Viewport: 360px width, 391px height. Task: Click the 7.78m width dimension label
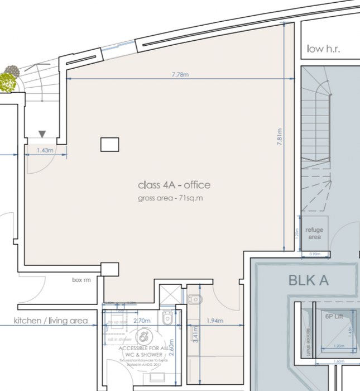(x=180, y=74)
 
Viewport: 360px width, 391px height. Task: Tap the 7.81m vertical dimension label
(x=280, y=137)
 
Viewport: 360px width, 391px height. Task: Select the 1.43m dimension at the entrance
(x=45, y=150)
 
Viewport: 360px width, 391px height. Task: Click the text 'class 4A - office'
(x=174, y=185)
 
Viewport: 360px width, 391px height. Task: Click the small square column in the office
(x=109, y=144)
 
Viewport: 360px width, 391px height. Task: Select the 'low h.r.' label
(x=323, y=49)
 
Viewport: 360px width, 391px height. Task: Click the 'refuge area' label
(x=314, y=233)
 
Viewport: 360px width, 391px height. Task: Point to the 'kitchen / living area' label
(x=51, y=321)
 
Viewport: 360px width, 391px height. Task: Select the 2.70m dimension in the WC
(x=142, y=321)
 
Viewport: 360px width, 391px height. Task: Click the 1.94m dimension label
(x=214, y=321)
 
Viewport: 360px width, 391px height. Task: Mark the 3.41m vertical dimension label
(x=194, y=335)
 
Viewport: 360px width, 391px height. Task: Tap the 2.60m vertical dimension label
(x=172, y=349)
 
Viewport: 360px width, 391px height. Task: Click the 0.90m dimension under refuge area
(x=315, y=255)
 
